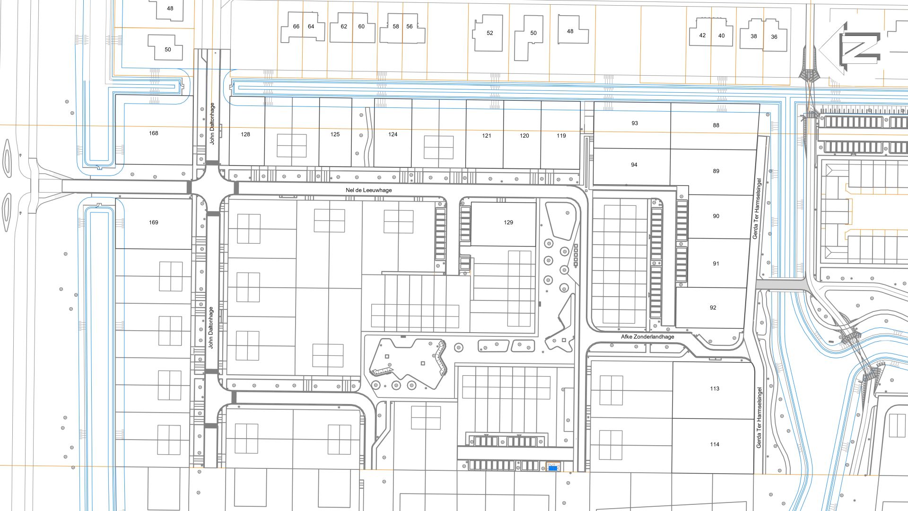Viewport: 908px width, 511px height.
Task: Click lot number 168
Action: [154, 133]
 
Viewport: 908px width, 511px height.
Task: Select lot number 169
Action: [154, 222]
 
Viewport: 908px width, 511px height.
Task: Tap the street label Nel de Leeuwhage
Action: [369, 190]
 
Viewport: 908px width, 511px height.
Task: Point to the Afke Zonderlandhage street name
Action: [647, 337]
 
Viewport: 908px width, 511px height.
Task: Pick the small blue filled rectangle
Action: [552, 468]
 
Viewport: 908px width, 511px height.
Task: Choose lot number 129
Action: [508, 222]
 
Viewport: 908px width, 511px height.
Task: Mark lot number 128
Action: [245, 134]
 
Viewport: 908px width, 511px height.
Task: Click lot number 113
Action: [715, 389]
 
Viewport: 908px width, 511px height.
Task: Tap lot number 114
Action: [715, 445]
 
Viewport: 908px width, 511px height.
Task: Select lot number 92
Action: [713, 308]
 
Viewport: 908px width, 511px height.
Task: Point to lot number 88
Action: [716, 125]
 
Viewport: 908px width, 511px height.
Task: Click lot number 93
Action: [635, 123]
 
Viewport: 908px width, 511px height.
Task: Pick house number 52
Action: [490, 33]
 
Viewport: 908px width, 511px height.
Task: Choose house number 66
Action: [296, 26]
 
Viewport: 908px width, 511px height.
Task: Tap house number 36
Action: [774, 37]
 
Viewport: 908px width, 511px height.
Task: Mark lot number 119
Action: [561, 136]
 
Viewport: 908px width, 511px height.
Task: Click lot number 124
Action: [393, 134]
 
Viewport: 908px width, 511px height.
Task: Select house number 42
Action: [702, 35]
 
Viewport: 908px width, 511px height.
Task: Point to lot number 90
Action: [716, 216]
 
